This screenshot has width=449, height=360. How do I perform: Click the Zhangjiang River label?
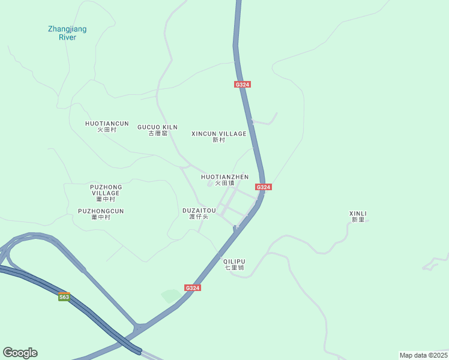coord(67,32)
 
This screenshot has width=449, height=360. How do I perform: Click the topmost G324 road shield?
coord(242,85)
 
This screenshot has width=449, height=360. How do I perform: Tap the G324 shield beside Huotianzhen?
coord(264,187)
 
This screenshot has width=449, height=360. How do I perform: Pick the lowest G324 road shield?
coord(192,288)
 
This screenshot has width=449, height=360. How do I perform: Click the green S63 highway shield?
coord(64,296)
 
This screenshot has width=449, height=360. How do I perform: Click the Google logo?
coord(20,353)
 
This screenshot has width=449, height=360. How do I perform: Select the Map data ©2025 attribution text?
coord(423,355)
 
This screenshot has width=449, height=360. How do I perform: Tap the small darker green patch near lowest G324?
coord(171,295)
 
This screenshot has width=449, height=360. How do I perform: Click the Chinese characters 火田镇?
coord(224,183)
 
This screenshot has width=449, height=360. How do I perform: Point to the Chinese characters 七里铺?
coord(234,268)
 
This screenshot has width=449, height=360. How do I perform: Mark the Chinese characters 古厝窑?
coord(157,133)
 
